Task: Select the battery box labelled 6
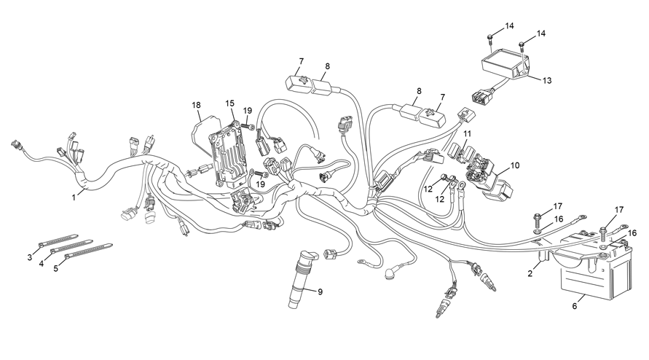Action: pyautogui.click(x=595, y=265)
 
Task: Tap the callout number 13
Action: pyautogui.click(x=547, y=80)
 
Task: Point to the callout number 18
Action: pyautogui.click(x=196, y=105)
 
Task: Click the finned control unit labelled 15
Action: pyautogui.click(x=228, y=153)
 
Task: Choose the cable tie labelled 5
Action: pyautogui.click(x=89, y=252)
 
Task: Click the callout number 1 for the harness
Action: pyautogui.click(x=74, y=197)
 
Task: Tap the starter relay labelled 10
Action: pyautogui.click(x=489, y=176)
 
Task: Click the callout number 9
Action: pyautogui.click(x=320, y=291)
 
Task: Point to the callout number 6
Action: pyautogui.click(x=575, y=306)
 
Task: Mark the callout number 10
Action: pyautogui.click(x=514, y=165)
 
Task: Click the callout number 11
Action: pyautogui.click(x=468, y=134)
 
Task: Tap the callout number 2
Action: pyautogui.click(x=530, y=273)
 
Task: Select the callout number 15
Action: pyautogui.click(x=229, y=103)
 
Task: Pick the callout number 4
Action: pyautogui.click(x=42, y=263)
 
